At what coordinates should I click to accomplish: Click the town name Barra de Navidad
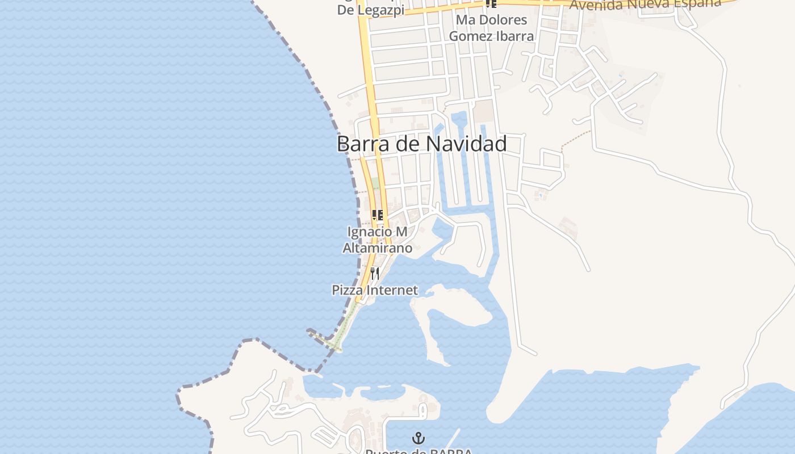421,144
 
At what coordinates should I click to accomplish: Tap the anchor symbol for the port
419,438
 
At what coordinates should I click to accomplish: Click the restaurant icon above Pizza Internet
374,273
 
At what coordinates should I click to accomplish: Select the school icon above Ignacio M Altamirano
378,215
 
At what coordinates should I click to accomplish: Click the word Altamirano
378,248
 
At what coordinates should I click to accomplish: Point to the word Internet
392,291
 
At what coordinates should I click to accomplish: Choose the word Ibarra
516,36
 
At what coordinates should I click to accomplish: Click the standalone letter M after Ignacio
401,232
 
